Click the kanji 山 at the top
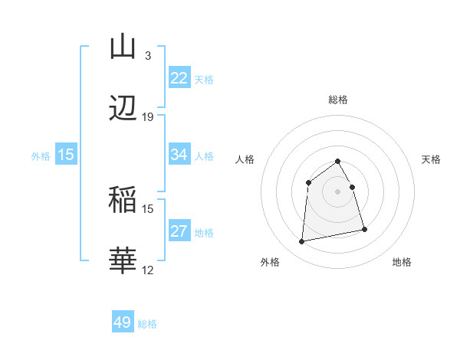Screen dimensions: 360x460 click(x=123, y=47)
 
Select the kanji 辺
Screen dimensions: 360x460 click(x=123, y=109)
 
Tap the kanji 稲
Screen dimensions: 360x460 click(x=123, y=201)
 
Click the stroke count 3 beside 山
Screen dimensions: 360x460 click(x=147, y=55)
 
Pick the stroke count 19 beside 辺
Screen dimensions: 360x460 click(x=148, y=117)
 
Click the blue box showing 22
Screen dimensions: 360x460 click(x=179, y=78)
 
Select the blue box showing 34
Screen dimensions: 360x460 click(x=179, y=155)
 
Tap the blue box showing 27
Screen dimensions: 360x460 click(x=179, y=231)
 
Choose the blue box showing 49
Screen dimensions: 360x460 click(x=123, y=322)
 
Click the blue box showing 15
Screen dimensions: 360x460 click(x=66, y=155)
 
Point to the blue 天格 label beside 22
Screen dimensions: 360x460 click(x=204, y=79)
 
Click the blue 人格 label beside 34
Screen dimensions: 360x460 click(x=204, y=155)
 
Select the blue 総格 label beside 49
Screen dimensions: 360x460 click(x=147, y=324)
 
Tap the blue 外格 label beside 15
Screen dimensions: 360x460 click(x=41, y=155)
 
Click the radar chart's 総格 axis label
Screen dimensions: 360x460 click(x=338, y=100)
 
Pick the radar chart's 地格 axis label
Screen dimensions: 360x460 click(x=402, y=262)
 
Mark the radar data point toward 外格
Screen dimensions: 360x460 click(x=302, y=241)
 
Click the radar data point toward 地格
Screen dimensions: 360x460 click(x=364, y=229)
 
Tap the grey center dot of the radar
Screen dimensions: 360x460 click(x=338, y=191)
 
